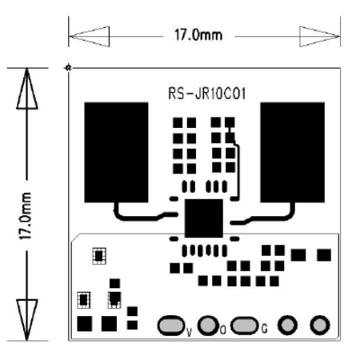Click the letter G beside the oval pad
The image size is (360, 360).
click(264, 328)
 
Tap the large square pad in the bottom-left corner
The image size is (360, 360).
click(82, 323)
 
